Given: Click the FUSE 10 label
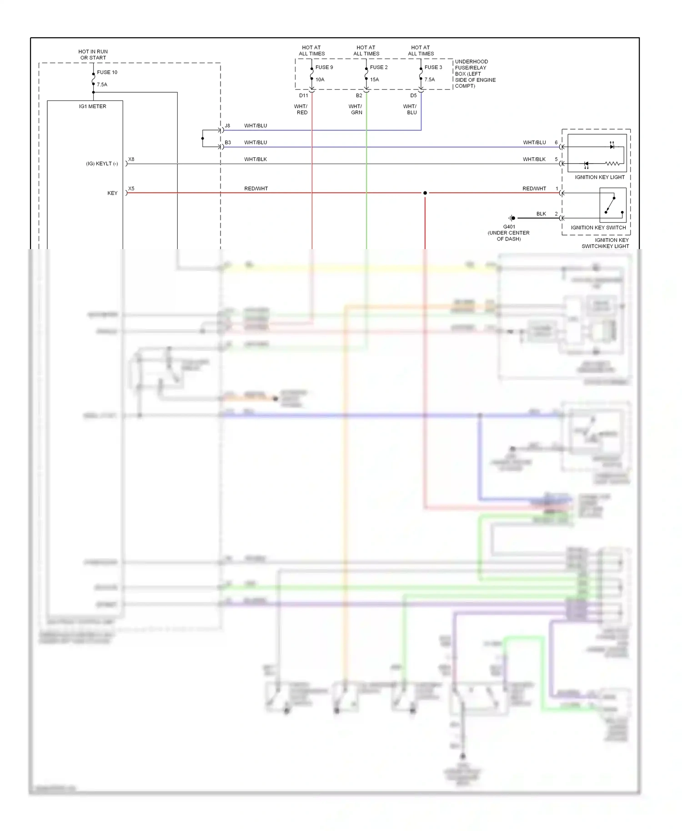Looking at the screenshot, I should (107, 72).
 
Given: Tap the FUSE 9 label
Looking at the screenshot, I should (324, 67).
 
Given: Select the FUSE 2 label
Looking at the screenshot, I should (379, 67).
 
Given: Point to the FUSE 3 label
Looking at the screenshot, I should (433, 67).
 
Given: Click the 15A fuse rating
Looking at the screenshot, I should (374, 80).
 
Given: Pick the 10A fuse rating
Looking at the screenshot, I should (320, 80).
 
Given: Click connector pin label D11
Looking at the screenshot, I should (304, 95).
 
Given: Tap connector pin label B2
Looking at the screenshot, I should (359, 95).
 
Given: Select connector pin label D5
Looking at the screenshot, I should (413, 95).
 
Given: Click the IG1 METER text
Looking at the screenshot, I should (93, 106).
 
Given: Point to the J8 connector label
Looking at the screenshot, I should (227, 125).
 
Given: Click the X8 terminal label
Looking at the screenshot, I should (131, 160).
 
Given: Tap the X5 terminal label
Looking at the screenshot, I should (131, 189).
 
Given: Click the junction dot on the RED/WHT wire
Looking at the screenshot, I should (425, 193).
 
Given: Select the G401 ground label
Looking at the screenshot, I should (509, 227).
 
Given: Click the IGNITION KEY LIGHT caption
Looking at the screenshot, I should (600, 177).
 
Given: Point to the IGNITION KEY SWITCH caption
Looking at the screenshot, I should (598, 228).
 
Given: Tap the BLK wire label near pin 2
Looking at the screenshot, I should (541, 214).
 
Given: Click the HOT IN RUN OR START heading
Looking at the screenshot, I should (93, 55).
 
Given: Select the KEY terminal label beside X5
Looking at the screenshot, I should (112, 193).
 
